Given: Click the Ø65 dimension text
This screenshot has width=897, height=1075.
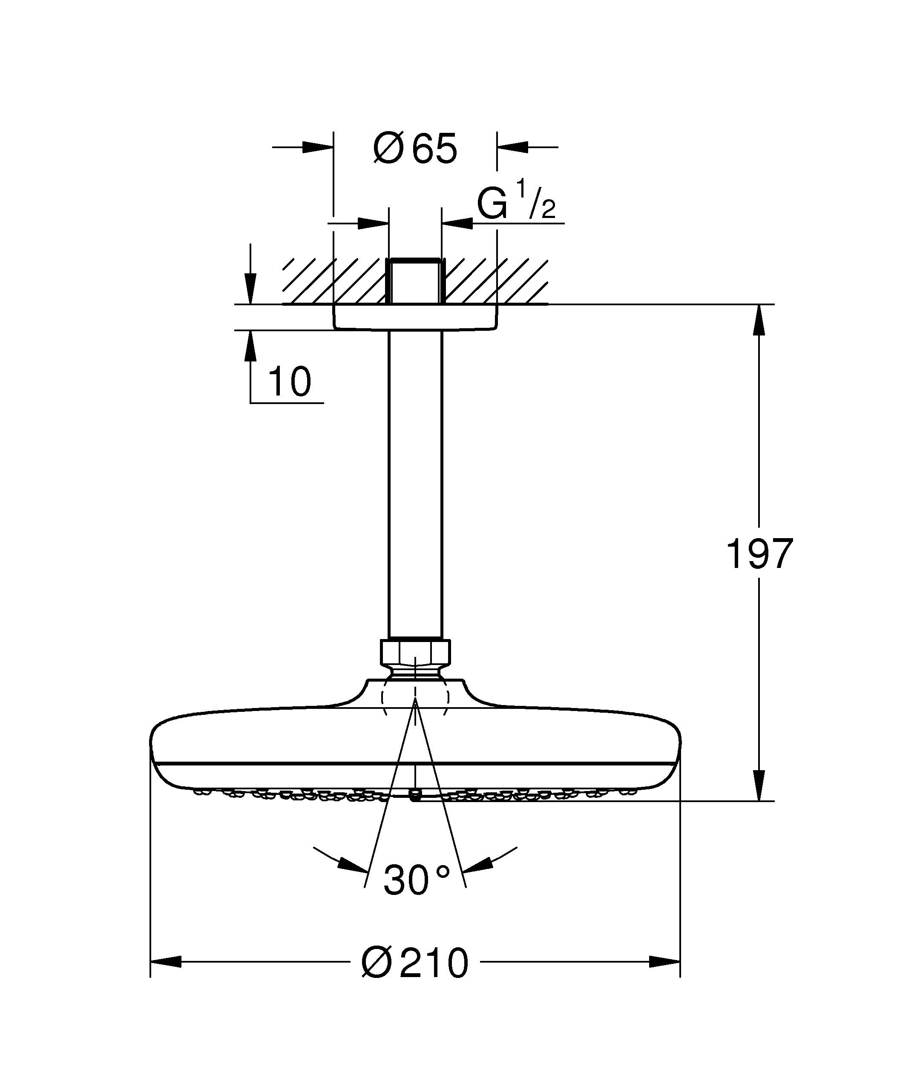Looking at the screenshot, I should [415, 149].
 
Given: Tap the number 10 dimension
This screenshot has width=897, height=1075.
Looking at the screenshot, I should [289, 382].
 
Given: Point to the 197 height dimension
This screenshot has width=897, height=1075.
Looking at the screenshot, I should [759, 554].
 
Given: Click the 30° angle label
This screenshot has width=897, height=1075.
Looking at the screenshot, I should [416, 880].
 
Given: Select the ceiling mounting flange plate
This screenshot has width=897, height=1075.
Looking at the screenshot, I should [415, 317].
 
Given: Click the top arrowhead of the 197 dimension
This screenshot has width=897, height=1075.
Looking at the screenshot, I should [759, 319].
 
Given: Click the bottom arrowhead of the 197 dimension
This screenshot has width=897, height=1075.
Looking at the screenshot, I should [759, 786].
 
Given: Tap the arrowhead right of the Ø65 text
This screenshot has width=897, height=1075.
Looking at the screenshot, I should [512, 147].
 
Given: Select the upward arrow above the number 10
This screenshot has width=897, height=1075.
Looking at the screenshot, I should [250, 346].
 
